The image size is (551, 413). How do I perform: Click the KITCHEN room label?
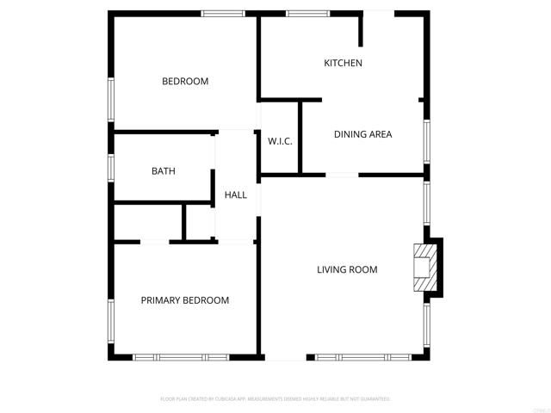pos(343,63)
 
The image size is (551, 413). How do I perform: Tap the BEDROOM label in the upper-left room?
pos(185,82)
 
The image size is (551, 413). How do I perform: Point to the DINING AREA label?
pos(362,134)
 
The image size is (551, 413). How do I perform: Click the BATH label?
pos(164,171)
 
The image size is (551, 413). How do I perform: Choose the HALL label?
pos(235,195)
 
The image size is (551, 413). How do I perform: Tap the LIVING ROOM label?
pos(347,270)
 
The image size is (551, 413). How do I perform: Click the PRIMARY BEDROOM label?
pos(185,300)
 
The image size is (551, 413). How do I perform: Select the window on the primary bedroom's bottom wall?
pos(181,356)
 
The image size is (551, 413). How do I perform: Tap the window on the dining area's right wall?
pos(426,141)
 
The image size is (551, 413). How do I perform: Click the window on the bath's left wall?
pos(110,167)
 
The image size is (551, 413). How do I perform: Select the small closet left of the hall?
pos(200,223)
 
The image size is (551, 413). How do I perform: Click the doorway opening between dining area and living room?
pos(342,175)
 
